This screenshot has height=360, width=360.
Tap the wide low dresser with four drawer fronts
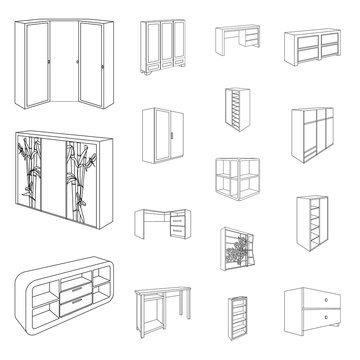click(x=313, y=48)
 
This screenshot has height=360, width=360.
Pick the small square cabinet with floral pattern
click(x=236, y=257)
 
